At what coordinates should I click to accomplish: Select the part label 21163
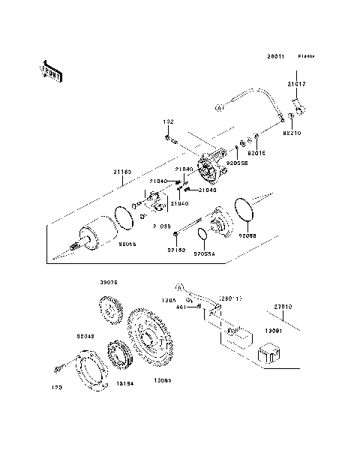(123, 172)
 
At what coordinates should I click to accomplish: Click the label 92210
(292, 132)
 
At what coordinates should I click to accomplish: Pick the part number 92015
(257, 151)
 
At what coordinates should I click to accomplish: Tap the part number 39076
(109, 283)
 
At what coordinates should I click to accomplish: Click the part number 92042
(85, 337)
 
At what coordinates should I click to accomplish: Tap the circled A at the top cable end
(220, 109)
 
